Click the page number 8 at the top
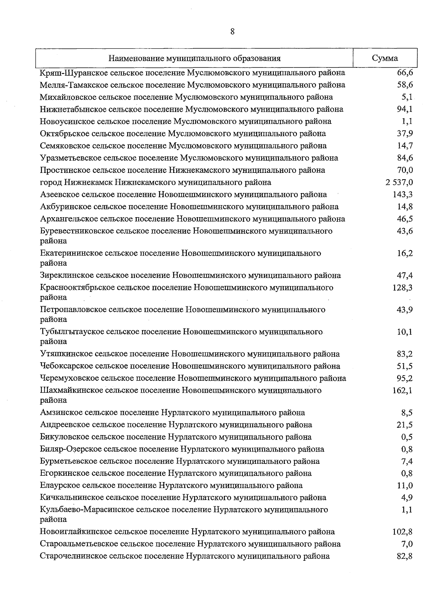pyautogui.click(x=232, y=32)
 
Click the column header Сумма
pyautogui.click(x=385, y=58)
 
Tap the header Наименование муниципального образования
pyautogui.click(x=194, y=58)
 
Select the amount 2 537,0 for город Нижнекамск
pyautogui.click(x=399, y=182)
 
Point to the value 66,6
pyautogui.click(x=405, y=72)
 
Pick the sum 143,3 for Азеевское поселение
pyautogui.click(x=403, y=194)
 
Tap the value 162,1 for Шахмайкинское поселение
pyautogui.click(x=403, y=390)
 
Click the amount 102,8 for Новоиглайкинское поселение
pyautogui.click(x=403, y=532)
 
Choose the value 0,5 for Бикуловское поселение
pyautogui.click(x=407, y=437)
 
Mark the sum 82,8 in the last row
pyautogui.click(x=405, y=556)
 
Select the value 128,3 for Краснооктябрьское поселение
pyautogui.click(x=403, y=288)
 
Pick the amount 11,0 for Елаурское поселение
pyautogui.click(x=405, y=485)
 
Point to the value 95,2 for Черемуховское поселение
pyautogui.click(x=405, y=378)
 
